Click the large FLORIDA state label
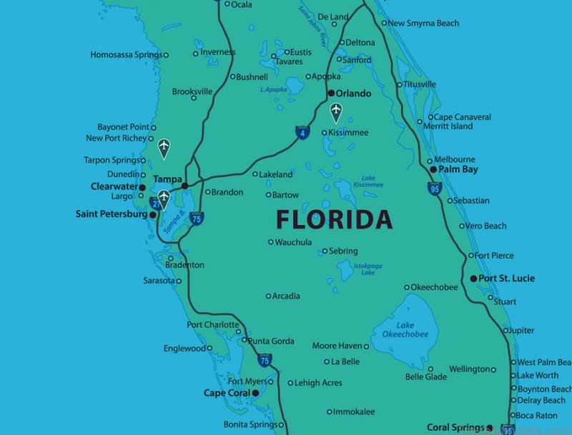click(334, 219)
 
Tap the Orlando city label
click(355, 94)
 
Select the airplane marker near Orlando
click(335, 112)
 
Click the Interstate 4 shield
click(302, 133)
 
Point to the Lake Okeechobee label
click(405, 330)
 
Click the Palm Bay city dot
click(433, 169)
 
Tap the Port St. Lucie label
click(507, 278)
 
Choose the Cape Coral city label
click(227, 393)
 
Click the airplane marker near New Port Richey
click(164, 148)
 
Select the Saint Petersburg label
click(112, 214)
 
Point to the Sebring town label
click(344, 251)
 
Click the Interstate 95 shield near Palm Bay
click(435, 189)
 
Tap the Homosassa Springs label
click(126, 55)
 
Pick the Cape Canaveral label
click(463, 117)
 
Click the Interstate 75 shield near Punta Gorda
click(265, 361)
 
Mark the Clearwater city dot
click(142, 187)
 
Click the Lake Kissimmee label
click(368, 181)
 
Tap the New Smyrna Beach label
click(423, 23)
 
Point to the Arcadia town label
click(287, 296)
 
